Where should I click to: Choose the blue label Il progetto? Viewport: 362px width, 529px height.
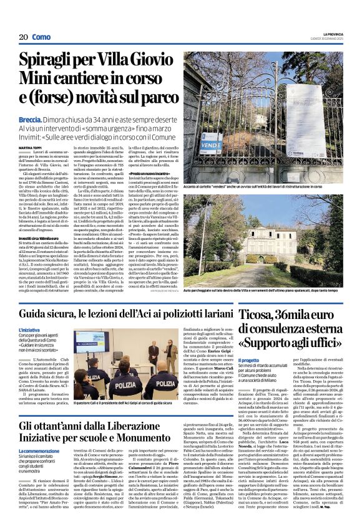(249, 360)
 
